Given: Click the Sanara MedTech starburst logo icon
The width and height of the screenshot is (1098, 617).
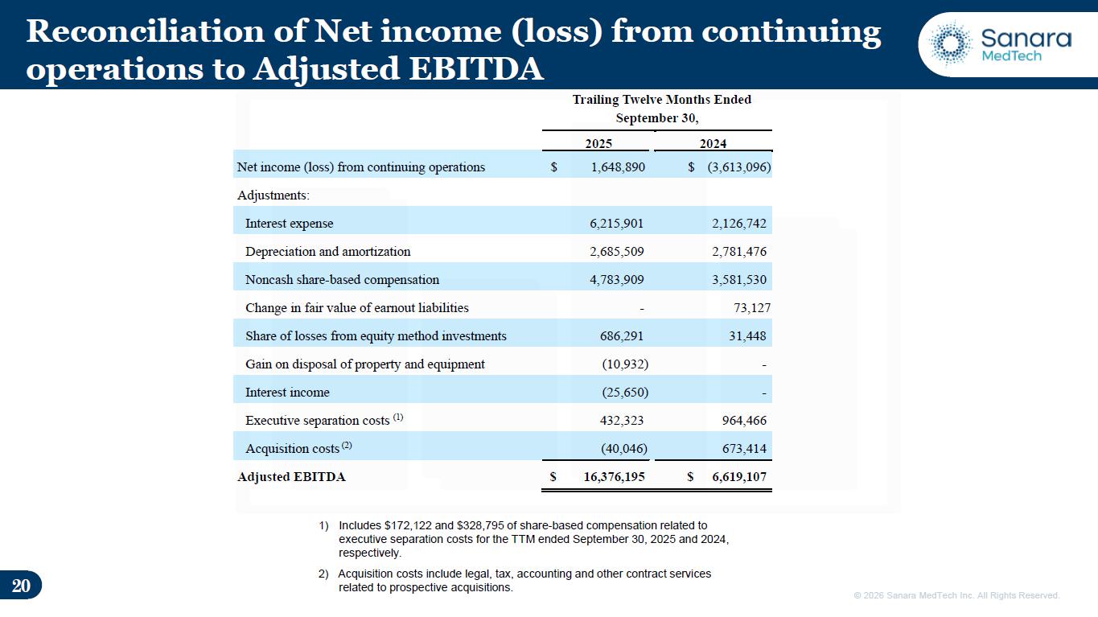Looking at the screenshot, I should [x=951, y=44].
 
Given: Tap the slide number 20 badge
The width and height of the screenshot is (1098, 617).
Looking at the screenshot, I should [x=21, y=586].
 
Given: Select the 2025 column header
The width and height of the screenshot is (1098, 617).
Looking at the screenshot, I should [x=598, y=144].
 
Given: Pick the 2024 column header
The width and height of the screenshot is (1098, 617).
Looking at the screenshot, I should [x=713, y=144].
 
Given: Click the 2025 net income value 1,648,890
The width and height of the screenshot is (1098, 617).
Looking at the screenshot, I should [x=612, y=167].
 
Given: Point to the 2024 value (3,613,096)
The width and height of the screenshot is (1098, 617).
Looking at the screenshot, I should [x=739, y=167].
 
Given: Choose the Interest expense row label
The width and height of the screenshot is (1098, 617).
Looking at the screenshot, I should [x=289, y=224].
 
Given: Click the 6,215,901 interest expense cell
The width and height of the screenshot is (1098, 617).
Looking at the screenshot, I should [x=617, y=224].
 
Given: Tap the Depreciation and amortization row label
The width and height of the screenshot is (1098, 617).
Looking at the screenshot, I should [x=327, y=252].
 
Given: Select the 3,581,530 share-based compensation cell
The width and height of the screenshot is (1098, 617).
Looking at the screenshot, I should [x=739, y=280].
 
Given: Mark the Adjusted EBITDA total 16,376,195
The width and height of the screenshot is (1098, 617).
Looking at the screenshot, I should [x=614, y=477].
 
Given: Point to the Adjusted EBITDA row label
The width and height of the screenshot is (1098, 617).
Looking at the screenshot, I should [x=291, y=477].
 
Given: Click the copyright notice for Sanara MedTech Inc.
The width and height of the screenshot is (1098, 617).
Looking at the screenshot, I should [x=956, y=595].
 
